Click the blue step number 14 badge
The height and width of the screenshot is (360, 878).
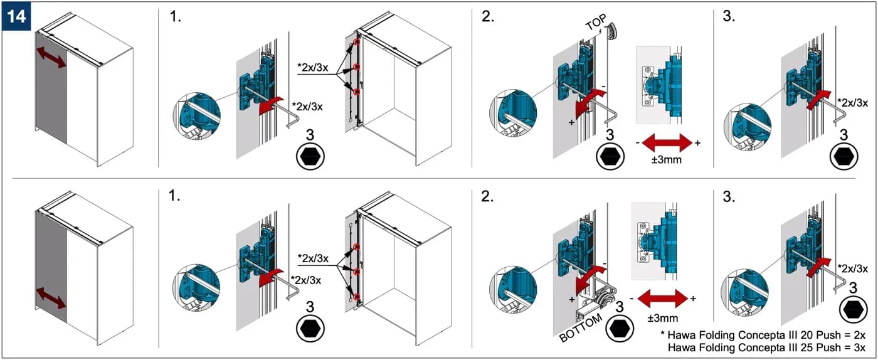[x=16, y=17]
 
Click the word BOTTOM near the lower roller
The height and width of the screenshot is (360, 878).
[x=581, y=328]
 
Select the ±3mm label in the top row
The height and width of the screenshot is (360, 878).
[x=666, y=159]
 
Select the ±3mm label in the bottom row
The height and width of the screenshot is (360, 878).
[x=662, y=317]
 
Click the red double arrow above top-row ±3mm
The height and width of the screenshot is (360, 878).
[x=667, y=143]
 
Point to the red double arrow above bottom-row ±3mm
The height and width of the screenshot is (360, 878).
[x=663, y=299]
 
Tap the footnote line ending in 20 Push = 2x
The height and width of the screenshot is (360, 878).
[x=763, y=335]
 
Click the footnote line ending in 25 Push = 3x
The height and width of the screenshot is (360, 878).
[x=766, y=347]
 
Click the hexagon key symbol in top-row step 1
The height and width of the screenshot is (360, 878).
[x=310, y=156]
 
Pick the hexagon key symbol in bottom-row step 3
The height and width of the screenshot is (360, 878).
[x=853, y=310]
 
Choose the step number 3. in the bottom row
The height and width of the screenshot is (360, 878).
[x=729, y=196]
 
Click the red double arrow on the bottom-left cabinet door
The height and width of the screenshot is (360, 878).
[x=51, y=298]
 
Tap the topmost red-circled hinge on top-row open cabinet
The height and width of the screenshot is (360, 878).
[x=356, y=42]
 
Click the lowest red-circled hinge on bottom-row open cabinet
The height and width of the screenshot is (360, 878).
[x=357, y=297]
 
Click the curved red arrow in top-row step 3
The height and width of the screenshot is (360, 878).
[x=818, y=100]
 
